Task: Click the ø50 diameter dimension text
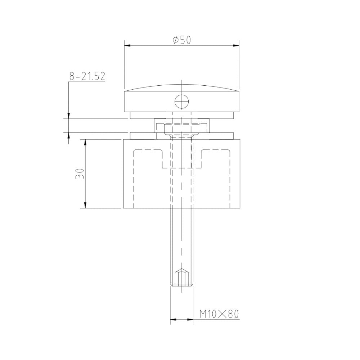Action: point(181,40)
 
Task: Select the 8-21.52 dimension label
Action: point(87,76)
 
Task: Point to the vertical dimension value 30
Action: point(81,174)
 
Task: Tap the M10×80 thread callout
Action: point(219,314)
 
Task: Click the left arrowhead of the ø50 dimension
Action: point(127,45)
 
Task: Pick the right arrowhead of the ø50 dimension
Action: point(237,45)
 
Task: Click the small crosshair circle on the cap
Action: point(181,102)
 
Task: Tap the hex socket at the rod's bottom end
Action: point(181,278)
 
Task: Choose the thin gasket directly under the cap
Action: point(181,115)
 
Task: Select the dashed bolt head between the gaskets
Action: point(181,128)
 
